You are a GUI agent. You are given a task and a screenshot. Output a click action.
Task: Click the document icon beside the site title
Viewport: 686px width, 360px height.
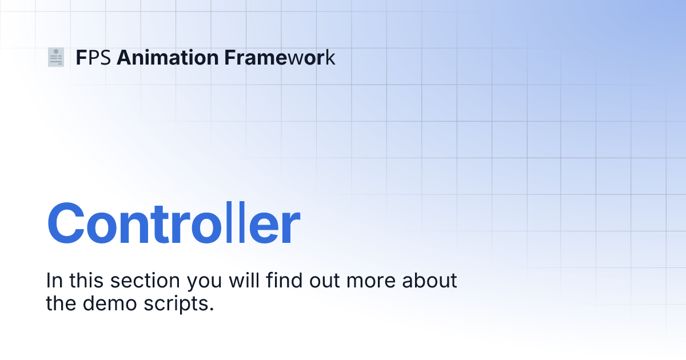[56, 57]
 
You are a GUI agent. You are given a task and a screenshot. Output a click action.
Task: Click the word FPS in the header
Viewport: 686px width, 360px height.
[93, 58]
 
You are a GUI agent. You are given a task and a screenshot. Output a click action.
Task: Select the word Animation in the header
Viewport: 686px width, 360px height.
[167, 58]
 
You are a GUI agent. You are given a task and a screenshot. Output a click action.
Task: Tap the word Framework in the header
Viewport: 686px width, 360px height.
[280, 58]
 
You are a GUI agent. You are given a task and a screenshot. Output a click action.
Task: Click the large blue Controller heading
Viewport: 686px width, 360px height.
[173, 223]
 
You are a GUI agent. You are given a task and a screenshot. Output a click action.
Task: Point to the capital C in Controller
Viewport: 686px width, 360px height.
[66, 223]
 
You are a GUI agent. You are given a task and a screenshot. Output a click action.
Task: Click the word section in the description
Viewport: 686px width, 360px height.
[145, 281]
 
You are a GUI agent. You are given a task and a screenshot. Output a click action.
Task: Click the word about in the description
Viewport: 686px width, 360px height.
[430, 280]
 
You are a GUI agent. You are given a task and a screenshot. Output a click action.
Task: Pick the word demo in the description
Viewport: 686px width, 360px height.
[110, 303]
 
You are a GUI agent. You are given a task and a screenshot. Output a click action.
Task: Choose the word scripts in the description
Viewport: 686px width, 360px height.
[179, 305]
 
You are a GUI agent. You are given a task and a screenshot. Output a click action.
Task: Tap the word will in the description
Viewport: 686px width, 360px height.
[244, 280]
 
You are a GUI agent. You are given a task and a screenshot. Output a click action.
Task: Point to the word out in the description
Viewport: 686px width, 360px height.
[325, 281]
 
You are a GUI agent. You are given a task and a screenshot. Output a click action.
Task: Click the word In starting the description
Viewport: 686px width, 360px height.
[54, 281]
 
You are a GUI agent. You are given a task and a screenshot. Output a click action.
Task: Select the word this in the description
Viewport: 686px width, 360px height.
[86, 280]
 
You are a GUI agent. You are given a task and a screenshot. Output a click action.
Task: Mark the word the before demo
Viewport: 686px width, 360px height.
[61, 303]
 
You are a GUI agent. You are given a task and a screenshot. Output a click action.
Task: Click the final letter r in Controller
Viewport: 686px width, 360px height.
[291, 228]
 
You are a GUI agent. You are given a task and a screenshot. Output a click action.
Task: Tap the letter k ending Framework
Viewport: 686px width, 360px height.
[330, 57]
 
